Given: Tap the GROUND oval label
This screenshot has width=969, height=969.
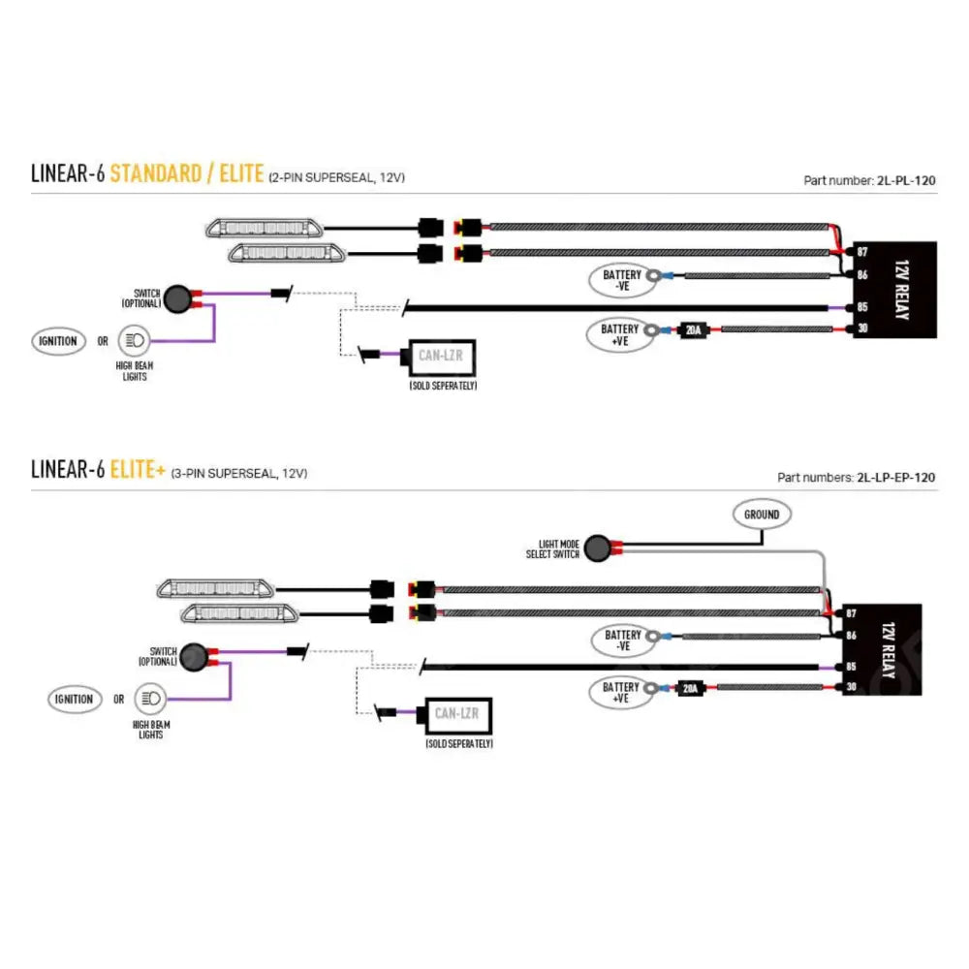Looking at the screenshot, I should [x=762, y=515].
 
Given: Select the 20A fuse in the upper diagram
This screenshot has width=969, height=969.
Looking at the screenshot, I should [x=693, y=330].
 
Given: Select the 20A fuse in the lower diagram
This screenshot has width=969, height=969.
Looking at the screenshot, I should [x=689, y=689].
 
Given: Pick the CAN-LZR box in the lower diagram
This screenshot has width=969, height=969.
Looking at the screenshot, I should [x=457, y=714].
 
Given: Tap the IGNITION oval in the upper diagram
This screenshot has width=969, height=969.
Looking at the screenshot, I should [x=57, y=341].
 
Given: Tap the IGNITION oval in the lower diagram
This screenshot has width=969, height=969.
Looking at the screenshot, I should [x=74, y=699].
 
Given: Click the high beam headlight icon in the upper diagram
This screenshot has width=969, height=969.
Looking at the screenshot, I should [x=135, y=341].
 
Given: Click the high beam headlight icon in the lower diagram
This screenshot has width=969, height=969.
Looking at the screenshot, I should [x=150, y=698].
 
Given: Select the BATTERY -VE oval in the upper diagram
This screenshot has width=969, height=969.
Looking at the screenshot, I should [x=622, y=280].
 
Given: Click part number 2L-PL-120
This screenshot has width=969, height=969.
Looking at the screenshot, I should [x=905, y=179].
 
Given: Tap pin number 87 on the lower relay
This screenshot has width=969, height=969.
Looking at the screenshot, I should [x=851, y=613].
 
